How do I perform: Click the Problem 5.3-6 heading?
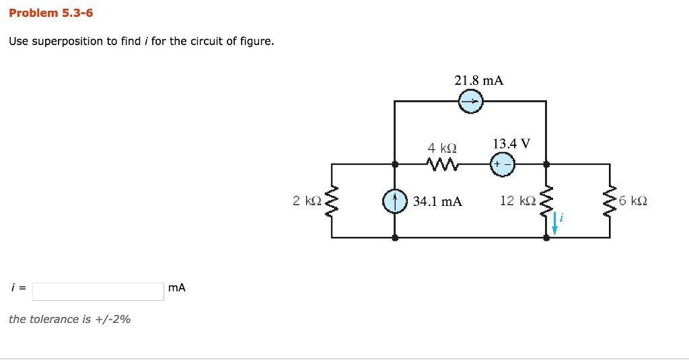[51, 13]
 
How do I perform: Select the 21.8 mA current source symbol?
[470, 102]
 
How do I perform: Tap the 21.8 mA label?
[478, 81]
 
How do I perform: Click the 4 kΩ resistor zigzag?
[441, 164]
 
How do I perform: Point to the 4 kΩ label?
[442, 147]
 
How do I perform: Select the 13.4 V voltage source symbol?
[502, 164]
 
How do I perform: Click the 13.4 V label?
[511, 144]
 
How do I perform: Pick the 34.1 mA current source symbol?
[395, 201]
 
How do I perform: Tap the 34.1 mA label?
[437, 201]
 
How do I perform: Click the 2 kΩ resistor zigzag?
[331, 201]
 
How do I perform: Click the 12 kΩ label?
[517, 201]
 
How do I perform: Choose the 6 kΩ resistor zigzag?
[610, 201]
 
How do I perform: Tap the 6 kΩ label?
[633, 201]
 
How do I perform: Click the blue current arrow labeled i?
[555, 223]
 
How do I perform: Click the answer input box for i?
[98, 291]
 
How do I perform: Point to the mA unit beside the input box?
[177, 288]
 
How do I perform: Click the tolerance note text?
[70, 320]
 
